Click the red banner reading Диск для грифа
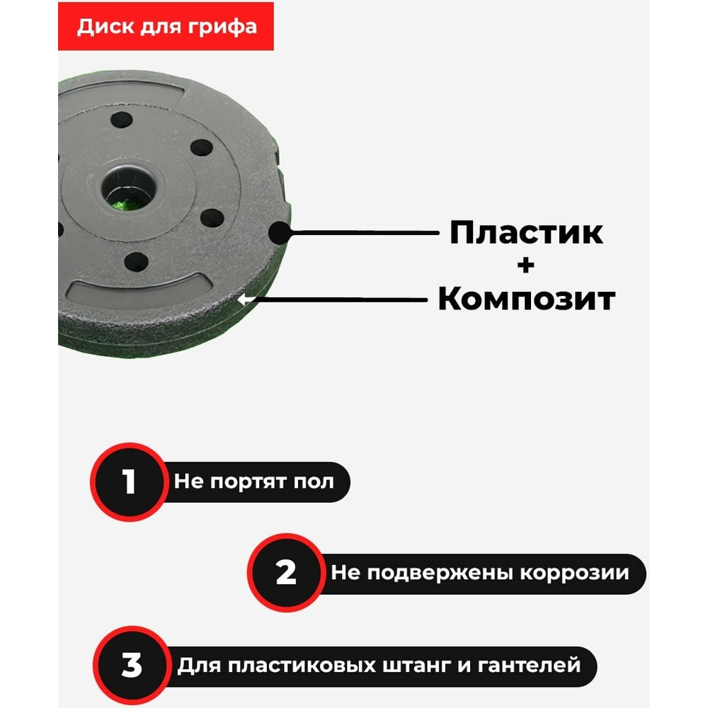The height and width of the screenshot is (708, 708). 166,26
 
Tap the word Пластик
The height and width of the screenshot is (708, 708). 526,232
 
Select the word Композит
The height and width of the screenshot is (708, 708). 527,299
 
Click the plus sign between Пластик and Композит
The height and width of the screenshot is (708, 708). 525,265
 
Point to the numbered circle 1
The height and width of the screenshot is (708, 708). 129,481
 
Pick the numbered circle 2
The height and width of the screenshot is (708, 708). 286,573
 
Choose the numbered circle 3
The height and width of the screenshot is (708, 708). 132,665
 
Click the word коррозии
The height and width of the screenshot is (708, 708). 574,573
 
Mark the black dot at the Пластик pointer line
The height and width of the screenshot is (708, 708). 280,233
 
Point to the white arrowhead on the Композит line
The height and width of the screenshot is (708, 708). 244,299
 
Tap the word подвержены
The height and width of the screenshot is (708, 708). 440,573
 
